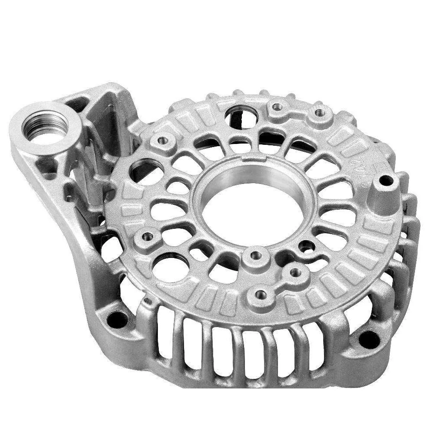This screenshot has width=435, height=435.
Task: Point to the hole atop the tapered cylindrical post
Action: (386, 180)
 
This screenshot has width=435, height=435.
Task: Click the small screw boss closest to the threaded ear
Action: (163, 141)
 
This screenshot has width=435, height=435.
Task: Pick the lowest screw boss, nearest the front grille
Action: (261, 295)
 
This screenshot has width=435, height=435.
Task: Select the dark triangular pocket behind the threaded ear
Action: (78, 104)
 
